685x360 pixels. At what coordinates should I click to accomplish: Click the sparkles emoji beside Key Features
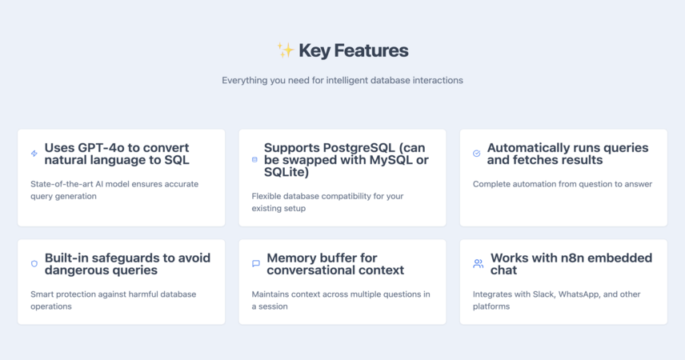pos(286,50)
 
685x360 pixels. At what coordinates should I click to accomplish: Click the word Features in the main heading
pos(371,50)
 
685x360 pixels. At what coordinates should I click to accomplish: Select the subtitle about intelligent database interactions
pos(342,80)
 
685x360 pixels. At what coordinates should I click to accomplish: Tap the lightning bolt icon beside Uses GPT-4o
pos(34,154)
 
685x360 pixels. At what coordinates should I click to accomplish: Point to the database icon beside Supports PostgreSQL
pos(254,159)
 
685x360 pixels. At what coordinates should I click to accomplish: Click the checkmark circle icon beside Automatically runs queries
pos(477,154)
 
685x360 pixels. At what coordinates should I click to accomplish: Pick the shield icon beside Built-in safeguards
pos(34,263)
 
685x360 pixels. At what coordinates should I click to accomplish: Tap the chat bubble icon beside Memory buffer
pos(256,263)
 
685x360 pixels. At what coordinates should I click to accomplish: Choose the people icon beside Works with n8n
pos(479,263)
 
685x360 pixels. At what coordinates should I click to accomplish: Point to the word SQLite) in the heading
pos(286,172)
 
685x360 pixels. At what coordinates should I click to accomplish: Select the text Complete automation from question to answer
pos(563,184)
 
